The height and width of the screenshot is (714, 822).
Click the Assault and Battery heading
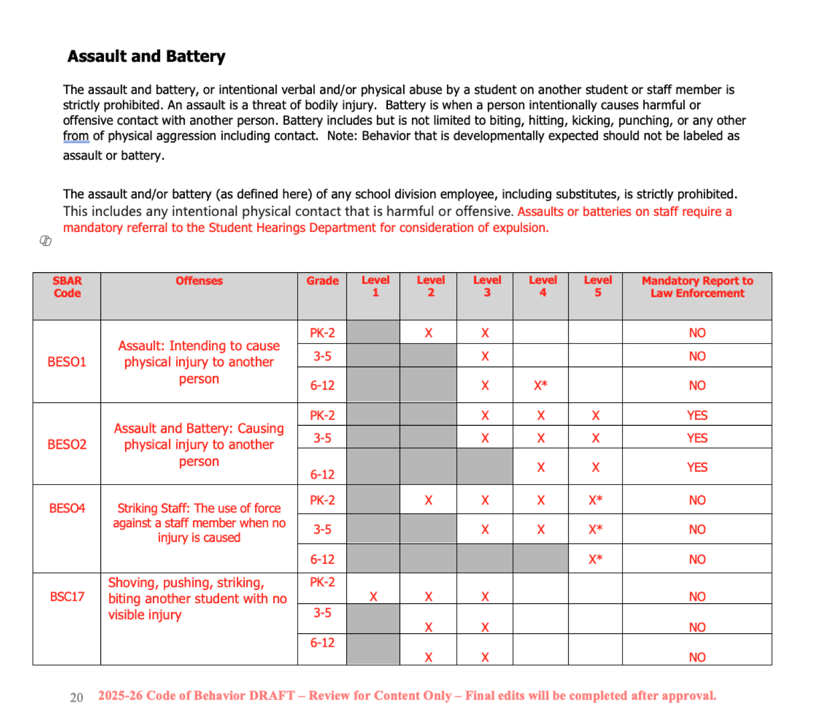pos(146,56)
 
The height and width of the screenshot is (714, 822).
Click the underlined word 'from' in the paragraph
pos(76,136)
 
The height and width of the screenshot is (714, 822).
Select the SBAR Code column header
pos(67,287)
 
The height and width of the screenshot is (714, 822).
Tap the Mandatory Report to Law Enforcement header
pos(697,287)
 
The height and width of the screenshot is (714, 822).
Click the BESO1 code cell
pos(67,362)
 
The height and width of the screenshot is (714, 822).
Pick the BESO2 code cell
pos(67,445)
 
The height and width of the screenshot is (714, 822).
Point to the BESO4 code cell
pos(67,508)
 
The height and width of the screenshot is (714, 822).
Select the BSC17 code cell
pos(67,597)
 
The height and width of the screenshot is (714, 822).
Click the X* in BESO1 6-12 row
pos(540,386)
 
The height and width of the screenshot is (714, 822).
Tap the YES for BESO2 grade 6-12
pos(697,468)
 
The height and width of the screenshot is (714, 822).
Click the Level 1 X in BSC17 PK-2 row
pos(373,597)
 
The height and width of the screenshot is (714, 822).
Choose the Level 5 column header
pos(597,287)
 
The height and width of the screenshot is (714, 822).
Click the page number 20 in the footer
pos(77,697)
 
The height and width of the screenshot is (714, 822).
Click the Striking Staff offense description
pos(199,523)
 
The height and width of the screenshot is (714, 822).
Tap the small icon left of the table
pos(46,241)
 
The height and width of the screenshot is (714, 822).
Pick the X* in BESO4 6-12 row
pos(595,559)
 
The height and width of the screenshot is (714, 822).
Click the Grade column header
pos(322,281)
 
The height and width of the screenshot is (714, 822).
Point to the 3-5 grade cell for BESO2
pos(322,438)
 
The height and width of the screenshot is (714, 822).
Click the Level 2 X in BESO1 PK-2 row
pos(428,333)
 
